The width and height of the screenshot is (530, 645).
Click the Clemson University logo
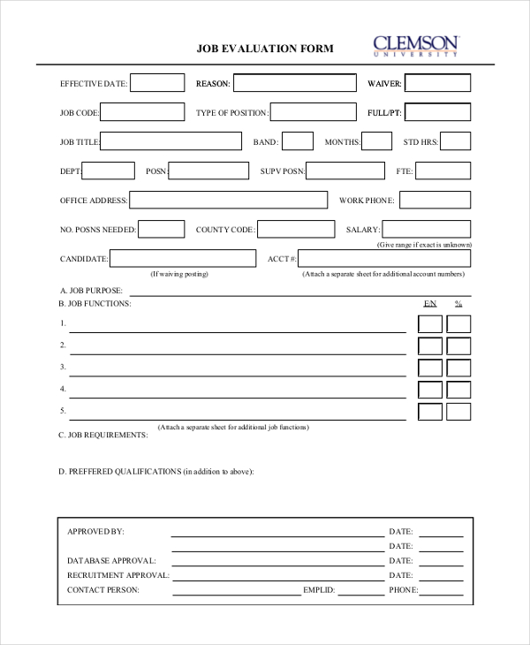[x=415, y=45]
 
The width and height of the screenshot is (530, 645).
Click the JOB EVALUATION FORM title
[x=265, y=49]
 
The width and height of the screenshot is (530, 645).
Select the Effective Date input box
[x=157, y=83]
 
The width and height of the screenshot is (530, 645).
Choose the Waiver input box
[x=438, y=83]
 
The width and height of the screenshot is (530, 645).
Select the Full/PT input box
[x=438, y=112]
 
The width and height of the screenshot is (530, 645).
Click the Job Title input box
[x=171, y=141]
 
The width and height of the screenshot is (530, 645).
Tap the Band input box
[x=298, y=141]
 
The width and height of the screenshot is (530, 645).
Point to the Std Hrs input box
[x=455, y=141]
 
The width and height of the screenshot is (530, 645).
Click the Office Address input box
[x=229, y=200]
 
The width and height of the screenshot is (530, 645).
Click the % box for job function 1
[x=458, y=324]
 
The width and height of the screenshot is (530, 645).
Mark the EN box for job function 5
[x=430, y=411]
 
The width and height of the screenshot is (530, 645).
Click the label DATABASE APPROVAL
[x=111, y=560]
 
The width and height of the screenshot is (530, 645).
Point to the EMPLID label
[x=319, y=589]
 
